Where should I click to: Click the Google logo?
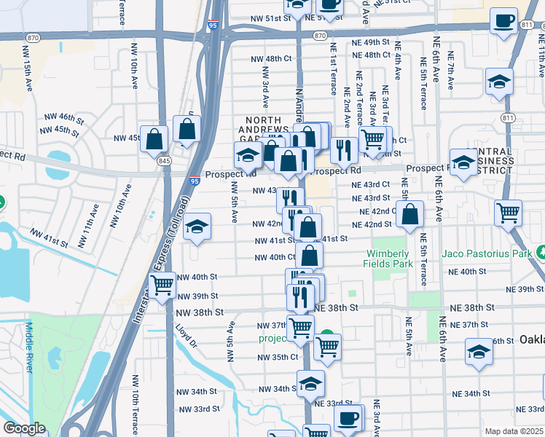[24, 428]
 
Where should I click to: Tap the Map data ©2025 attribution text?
[512, 431]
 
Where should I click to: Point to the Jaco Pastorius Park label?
[486, 254]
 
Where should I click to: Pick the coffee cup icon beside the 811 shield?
[503, 21]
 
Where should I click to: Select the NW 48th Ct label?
[270, 58]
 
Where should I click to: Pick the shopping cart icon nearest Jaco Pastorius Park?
[508, 213]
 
